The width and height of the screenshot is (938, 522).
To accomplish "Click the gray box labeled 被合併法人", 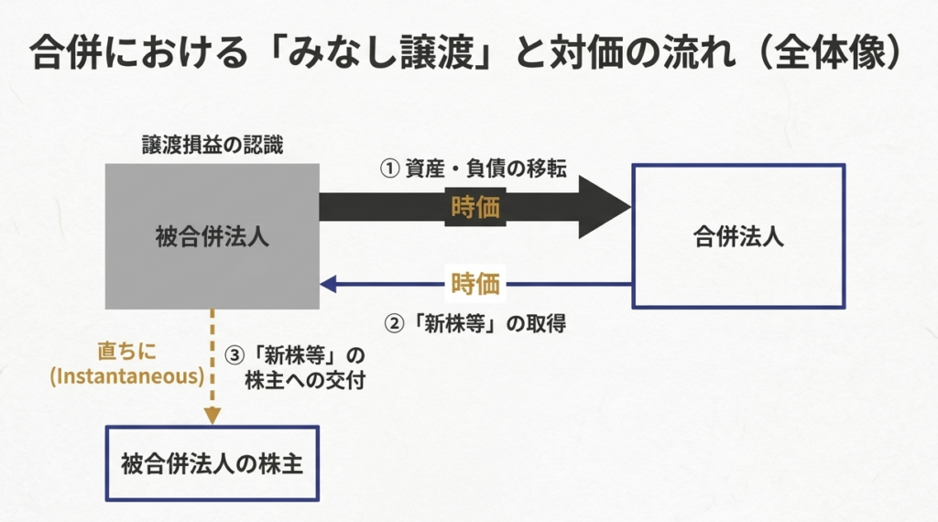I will (212, 236).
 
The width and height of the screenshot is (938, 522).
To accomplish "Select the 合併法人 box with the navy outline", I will (737, 236).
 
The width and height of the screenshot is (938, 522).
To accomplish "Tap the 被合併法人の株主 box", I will (212, 463).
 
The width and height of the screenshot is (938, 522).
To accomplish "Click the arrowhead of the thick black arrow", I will (605, 207).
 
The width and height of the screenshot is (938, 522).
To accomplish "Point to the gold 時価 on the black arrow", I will (475, 208).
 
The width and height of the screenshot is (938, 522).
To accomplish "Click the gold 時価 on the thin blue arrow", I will (475, 284).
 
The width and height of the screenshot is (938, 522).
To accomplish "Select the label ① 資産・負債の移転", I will (474, 169).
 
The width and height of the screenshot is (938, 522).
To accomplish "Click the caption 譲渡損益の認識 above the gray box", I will (212, 145).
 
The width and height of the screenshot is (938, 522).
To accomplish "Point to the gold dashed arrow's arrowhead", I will (213, 415).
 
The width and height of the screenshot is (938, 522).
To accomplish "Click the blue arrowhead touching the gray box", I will (327, 284).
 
